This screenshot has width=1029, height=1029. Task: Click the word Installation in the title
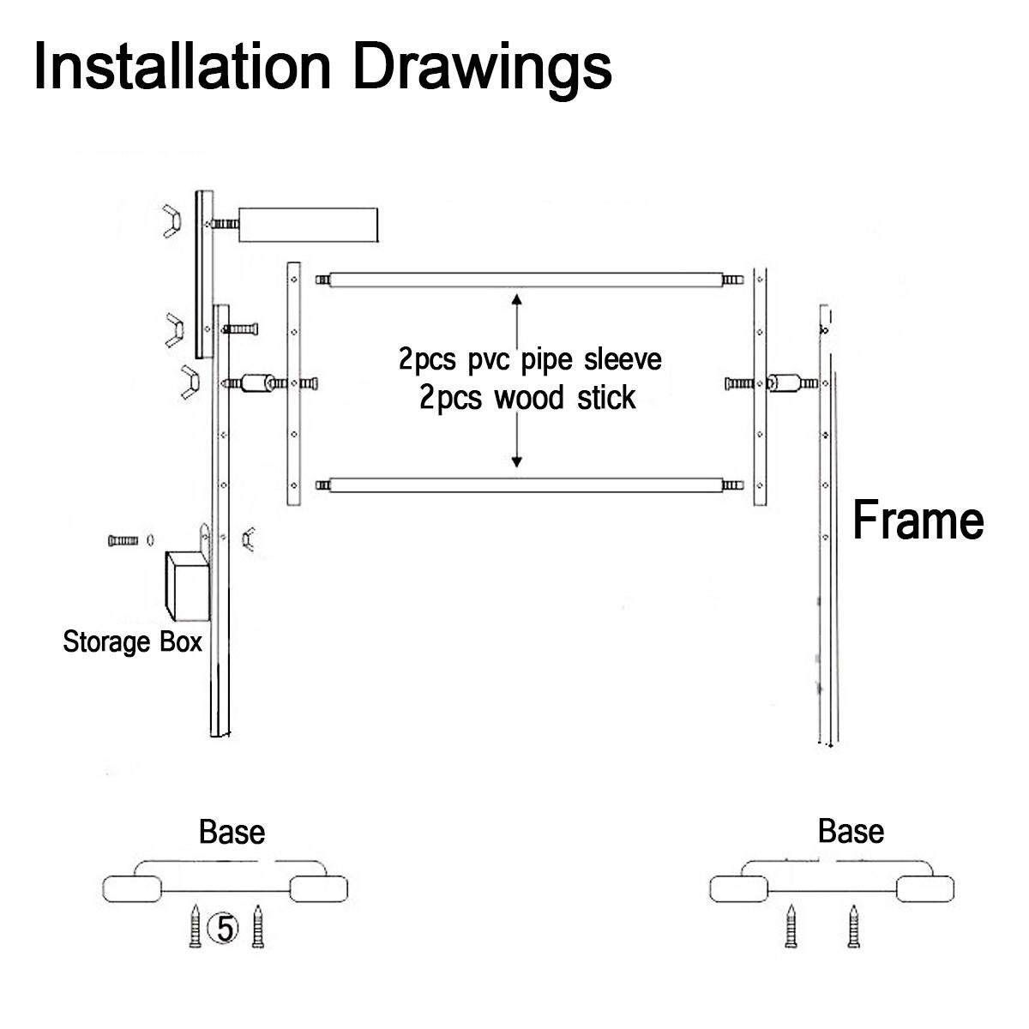(x=182, y=67)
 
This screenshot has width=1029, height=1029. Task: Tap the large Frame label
(x=918, y=521)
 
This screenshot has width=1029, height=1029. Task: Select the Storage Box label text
(x=132, y=641)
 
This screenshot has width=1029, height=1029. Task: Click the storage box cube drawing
(x=187, y=587)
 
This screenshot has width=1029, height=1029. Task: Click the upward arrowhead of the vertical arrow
(x=516, y=300)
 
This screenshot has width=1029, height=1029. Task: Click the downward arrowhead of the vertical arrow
(x=516, y=460)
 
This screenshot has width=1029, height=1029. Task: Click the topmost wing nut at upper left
(x=172, y=220)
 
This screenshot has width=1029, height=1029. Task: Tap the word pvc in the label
(x=488, y=360)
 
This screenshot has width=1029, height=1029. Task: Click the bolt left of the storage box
(x=123, y=541)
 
